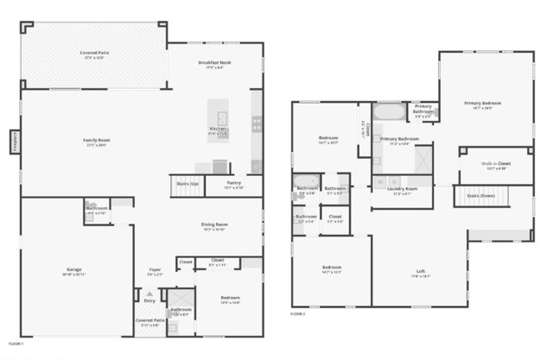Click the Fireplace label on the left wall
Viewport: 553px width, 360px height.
coord(15,142)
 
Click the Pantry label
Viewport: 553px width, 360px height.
coord(233,183)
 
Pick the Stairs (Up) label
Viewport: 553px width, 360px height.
coord(188,184)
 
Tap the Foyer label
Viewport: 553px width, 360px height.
coord(154,269)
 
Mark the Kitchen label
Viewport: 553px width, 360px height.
coord(217,131)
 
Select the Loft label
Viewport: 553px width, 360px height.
coord(420,273)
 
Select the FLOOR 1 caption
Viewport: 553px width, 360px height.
coord(15,344)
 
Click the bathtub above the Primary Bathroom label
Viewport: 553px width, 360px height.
coord(387,113)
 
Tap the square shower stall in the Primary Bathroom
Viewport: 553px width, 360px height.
coord(423,160)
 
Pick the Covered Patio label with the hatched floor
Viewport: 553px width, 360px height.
coord(94,54)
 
